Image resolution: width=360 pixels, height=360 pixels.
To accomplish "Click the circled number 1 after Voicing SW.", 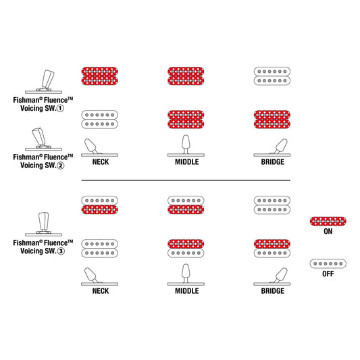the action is [x=60, y=108].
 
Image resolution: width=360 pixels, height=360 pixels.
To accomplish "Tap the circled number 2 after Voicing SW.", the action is [x=60, y=165].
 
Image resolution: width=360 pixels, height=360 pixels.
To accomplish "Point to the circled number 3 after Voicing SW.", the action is [x=61, y=251].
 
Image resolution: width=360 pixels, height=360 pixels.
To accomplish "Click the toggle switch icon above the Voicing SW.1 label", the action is [x=44, y=82].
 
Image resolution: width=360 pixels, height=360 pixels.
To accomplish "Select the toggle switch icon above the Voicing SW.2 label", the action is [x=44, y=139].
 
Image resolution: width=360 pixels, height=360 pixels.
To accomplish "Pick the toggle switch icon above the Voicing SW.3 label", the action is [x=44, y=224].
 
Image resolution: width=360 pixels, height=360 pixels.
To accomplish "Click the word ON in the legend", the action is [x=328, y=231].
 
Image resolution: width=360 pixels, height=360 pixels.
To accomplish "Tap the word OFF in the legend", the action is [x=328, y=274].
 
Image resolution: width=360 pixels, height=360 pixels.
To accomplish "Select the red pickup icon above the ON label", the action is [x=328, y=222].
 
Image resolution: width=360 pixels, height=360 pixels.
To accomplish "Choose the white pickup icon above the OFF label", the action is [x=328, y=264].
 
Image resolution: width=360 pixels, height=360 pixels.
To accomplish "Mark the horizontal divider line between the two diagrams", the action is [x=186, y=180].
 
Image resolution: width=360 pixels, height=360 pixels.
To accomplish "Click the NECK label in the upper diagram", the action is [x=101, y=162].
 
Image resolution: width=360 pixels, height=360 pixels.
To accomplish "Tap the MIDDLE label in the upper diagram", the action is [x=186, y=162].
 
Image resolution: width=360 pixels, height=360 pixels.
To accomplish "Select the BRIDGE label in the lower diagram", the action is [x=272, y=291].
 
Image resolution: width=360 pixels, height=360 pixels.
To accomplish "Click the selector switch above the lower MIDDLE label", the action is [x=186, y=275].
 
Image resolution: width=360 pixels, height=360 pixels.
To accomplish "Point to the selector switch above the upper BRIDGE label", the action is [x=272, y=148].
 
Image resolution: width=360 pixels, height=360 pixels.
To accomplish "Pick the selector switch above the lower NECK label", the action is [x=100, y=277].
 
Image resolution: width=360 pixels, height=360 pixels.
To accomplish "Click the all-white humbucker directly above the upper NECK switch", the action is [x=100, y=120].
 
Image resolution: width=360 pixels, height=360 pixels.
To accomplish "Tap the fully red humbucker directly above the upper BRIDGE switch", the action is [x=272, y=120].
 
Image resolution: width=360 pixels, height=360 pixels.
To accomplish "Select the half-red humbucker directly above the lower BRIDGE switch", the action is [x=272, y=249].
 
